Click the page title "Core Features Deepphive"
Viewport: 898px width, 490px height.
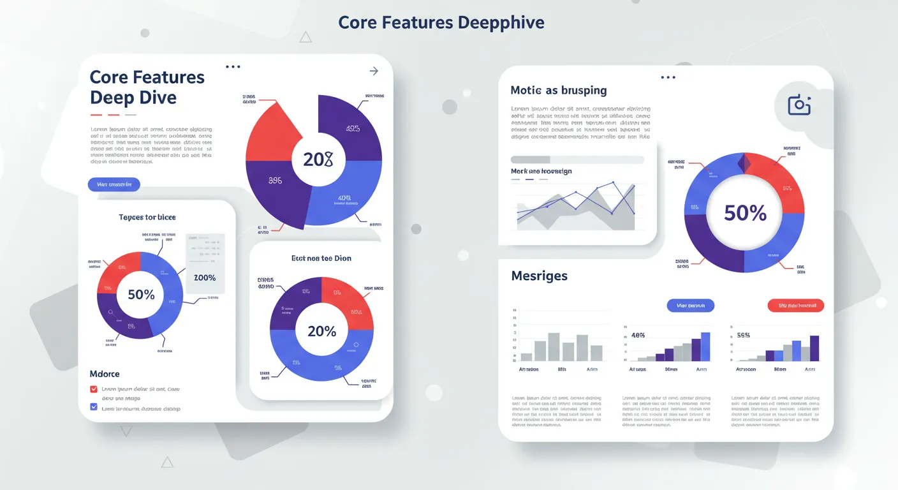click(441, 23)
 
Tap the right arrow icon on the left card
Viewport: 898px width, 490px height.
click(374, 71)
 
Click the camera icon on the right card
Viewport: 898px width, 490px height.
click(799, 105)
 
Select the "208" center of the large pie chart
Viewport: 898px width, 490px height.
click(318, 160)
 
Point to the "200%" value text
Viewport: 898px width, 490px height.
click(205, 278)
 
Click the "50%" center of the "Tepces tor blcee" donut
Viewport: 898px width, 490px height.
click(141, 295)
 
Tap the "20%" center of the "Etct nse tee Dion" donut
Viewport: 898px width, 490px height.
click(321, 331)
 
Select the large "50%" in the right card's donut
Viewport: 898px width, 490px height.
click(744, 213)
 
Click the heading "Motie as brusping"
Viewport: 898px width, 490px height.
click(559, 91)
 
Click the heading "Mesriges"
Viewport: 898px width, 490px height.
click(539, 276)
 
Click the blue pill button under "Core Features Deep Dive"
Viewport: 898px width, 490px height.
click(114, 185)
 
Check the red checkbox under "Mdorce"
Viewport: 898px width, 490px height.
click(94, 389)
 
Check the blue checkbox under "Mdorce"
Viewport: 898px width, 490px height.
click(94, 407)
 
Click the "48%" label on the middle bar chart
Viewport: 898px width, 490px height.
click(638, 335)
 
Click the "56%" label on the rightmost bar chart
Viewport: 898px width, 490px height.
click(743, 335)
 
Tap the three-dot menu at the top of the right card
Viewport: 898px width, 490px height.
click(668, 77)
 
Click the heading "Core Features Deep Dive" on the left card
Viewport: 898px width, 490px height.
click(147, 87)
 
